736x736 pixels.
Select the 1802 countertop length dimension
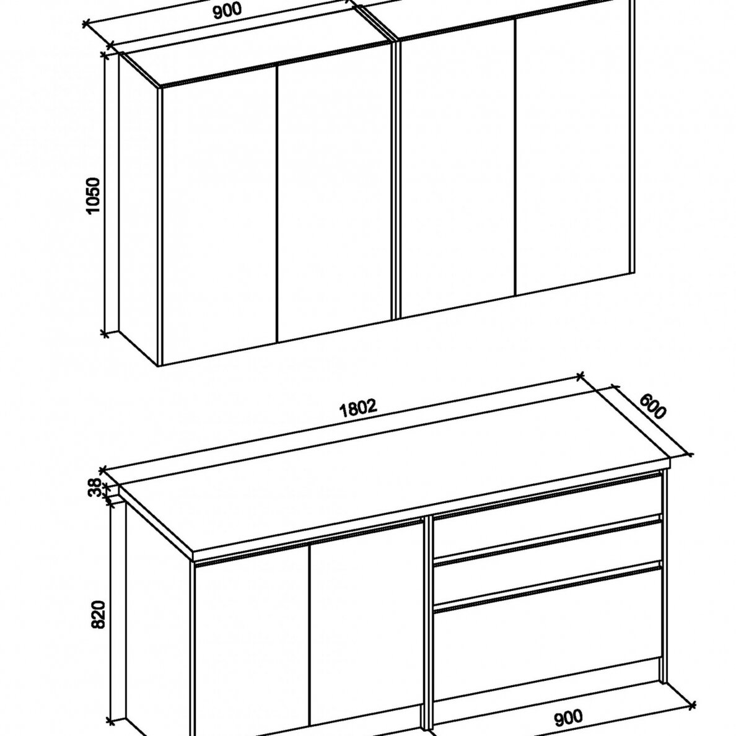click(x=359, y=407)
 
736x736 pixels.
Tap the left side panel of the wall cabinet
click(x=138, y=211)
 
